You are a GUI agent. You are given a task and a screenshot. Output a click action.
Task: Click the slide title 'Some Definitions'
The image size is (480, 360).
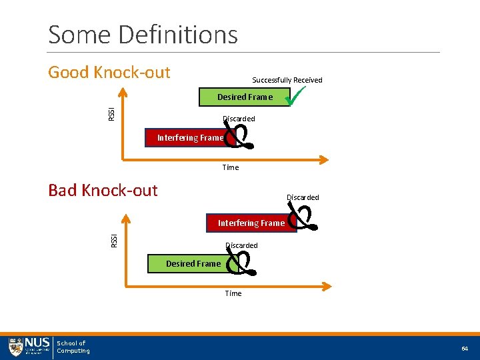coord(143,34)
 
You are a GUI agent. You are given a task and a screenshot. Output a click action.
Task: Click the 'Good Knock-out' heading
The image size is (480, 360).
coord(109,72)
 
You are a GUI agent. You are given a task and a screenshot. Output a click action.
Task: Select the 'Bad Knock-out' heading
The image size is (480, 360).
coord(103,190)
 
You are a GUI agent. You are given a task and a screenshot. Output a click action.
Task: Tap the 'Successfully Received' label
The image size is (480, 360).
coord(287,80)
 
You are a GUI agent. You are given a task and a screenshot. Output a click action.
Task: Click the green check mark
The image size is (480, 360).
coord(293,96)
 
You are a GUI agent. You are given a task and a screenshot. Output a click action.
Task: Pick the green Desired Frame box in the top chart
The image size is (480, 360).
coord(245,97)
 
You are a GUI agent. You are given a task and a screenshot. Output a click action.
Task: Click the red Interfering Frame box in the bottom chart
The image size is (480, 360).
coord(251,223)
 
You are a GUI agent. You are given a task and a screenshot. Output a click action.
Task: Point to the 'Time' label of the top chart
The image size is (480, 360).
coord(231,167)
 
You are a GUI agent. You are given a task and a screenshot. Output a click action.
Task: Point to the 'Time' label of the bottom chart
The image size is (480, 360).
coord(233,293)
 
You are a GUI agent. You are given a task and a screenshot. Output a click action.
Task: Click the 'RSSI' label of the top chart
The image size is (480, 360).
coord(111,114)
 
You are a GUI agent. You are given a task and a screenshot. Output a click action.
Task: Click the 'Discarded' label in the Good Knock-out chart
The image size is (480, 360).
coord(239,119)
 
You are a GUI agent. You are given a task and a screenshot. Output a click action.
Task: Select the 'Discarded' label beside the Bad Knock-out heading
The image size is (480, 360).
coord(303,197)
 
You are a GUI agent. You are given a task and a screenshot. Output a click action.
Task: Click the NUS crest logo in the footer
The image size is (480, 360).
coord(16,347)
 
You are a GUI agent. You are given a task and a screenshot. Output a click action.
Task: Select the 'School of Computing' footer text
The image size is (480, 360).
coord(73,347)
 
